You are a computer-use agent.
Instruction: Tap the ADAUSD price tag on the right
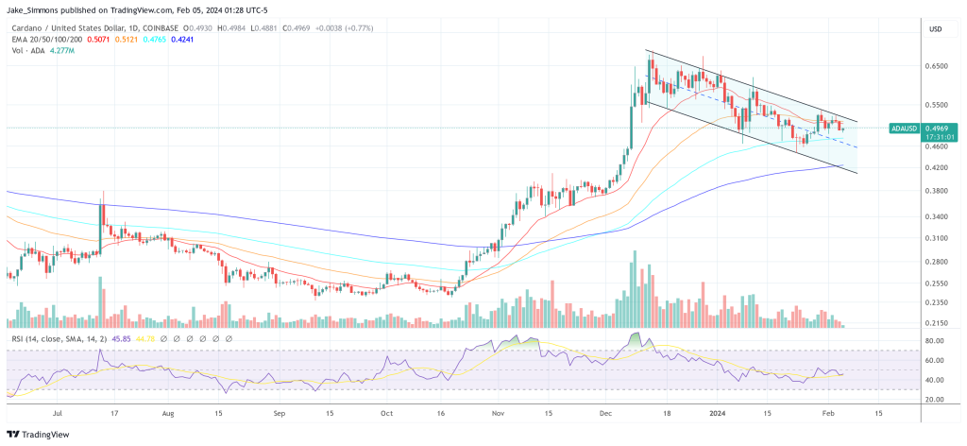coord(906,128)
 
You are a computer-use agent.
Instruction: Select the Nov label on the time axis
coord(499,413)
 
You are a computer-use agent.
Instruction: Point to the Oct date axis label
coord(387,413)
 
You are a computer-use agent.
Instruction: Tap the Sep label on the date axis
coord(280,413)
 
